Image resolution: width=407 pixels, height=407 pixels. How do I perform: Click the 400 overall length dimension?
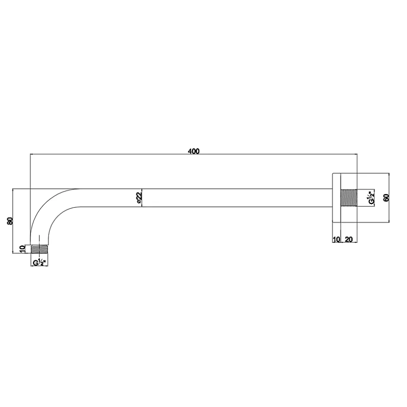tap(194, 151)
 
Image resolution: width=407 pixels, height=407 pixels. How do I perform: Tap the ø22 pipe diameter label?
tap(139, 198)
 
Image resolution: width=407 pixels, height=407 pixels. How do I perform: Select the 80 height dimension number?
tap(10, 221)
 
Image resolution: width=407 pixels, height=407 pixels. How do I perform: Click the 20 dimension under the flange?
tap(349, 239)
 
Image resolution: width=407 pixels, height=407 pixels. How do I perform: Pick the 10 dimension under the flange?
tap(336, 239)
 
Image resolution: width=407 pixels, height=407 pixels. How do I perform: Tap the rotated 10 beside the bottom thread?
tap(23, 249)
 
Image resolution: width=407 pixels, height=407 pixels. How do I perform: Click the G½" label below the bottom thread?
tap(39, 262)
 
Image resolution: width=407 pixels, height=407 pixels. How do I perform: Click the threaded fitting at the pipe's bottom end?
tap(39, 249)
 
